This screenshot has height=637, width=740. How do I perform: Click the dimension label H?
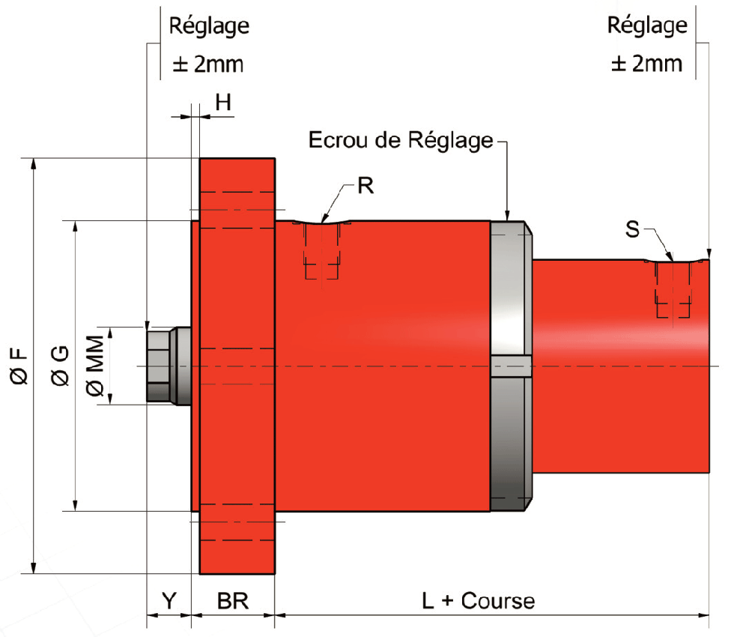(x=223, y=103)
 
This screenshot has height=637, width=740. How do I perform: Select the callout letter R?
(x=365, y=186)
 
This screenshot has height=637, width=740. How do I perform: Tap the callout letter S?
(x=633, y=229)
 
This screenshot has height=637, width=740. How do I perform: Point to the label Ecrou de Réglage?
(x=401, y=140)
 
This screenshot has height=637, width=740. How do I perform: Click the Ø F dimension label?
(x=20, y=366)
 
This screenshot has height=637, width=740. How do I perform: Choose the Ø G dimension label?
(x=61, y=366)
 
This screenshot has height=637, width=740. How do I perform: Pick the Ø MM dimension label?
(x=95, y=366)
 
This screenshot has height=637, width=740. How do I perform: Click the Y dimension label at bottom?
(x=169, y=600)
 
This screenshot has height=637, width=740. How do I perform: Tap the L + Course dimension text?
(x=478, y=600)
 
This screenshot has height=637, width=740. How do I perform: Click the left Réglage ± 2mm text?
(x=208, y=45)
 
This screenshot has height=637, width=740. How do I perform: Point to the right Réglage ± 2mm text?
(x=647, y=45)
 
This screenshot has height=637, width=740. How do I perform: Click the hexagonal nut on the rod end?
(x=159, y=365)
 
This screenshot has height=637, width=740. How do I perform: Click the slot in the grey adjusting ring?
(x=511, y=366)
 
